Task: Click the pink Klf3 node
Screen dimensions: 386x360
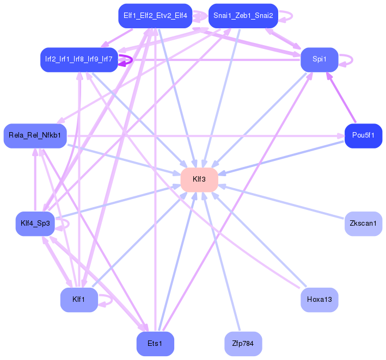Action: point(199,179)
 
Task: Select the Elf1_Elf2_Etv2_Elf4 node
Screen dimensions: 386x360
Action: point(155,16)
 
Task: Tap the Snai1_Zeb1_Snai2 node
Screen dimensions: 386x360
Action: point(243,16)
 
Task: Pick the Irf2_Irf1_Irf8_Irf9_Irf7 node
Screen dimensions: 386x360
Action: point(79,60)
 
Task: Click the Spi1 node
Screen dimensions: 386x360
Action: point(319,60)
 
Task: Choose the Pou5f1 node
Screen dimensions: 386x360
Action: point(363,136)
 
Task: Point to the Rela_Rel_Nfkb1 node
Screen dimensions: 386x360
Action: point(35,136)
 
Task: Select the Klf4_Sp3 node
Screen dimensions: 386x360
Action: point(35,224)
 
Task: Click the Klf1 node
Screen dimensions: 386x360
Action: point(79,300)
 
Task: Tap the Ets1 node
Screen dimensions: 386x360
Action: point(155,344)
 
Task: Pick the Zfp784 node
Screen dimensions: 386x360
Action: point(243,344)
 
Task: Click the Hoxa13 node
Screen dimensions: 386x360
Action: point(319,300)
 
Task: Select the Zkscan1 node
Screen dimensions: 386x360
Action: point(363,224)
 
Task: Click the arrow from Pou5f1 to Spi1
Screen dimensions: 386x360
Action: point(341,97)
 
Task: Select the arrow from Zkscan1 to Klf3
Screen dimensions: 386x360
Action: point(281,202)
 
